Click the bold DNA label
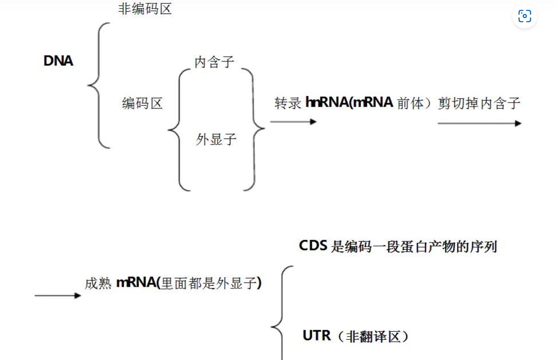pos(58,61)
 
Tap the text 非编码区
pos(145,9)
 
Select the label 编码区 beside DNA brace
pos(142,103)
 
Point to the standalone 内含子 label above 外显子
pos(214,62)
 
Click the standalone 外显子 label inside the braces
pos(216,139)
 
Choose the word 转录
pos(288,103)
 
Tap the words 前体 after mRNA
pos(410,103)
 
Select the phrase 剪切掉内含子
pos(479,103)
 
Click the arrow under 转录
pos(293,122)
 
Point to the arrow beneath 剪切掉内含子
pos(479,123)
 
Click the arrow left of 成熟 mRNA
pos(58,296)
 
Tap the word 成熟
pos(98,283)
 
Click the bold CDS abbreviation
pos(313,246)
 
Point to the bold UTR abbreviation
pos(317,336)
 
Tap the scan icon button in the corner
pos(525,16)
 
